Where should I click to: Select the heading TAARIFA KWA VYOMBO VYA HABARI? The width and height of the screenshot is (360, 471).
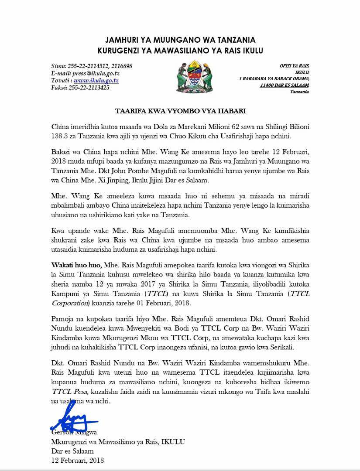(180, 111)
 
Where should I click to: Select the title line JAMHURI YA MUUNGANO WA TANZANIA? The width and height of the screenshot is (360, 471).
(180, 41)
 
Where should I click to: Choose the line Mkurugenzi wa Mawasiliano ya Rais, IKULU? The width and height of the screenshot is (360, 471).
(118, 442)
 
